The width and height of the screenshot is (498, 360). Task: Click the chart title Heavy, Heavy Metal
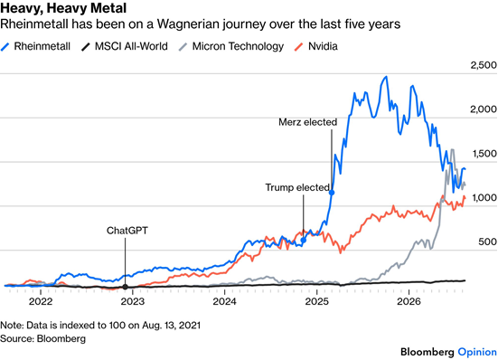click(63, 8)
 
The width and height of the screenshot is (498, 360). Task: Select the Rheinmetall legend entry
click(35, 46)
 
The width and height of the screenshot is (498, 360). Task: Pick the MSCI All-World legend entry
click(124, 46)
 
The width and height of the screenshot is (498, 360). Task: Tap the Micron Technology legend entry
click(231, 46)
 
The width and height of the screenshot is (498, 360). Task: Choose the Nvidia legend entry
click(316, 46)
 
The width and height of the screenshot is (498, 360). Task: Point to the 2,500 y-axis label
click(484, 65)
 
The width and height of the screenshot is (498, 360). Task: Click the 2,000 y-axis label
click(484, 109)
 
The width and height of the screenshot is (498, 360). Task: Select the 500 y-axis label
click(487, 242)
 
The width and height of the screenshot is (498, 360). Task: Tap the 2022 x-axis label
click(41, 301)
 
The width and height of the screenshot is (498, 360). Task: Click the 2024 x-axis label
click(224, 301)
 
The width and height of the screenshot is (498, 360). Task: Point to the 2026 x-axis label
click(409, 301)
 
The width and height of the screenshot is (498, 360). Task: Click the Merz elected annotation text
click(308, 122)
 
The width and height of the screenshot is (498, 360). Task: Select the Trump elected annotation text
click(297, 187)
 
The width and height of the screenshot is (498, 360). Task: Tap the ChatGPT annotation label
click(127, 231)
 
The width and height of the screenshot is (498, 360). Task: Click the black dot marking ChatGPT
click(125, 287)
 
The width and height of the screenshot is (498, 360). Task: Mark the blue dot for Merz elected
click(332, 193)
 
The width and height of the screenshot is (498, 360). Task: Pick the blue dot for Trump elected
click(304, 241)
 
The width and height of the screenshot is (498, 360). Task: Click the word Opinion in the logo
click(477, 352)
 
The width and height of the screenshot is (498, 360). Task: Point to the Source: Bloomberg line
click(42, 338)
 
